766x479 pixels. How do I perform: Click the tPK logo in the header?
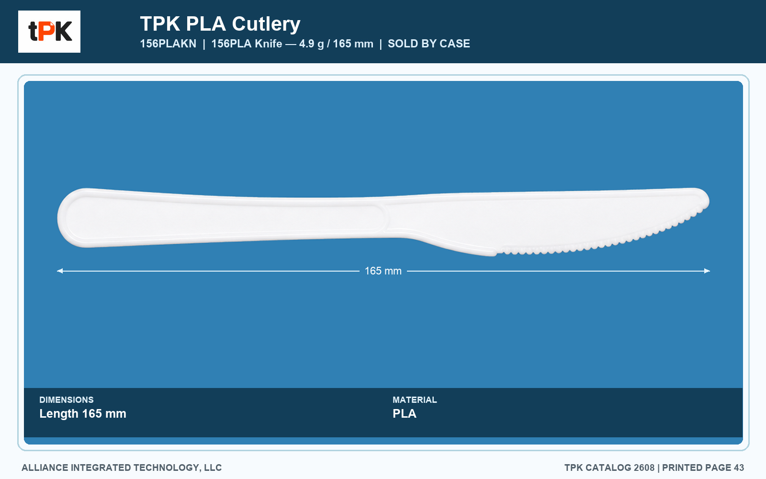tap(49, 32)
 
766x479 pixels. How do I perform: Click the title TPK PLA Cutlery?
tap(220, 24)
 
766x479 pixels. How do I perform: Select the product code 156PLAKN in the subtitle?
tap(168, 44)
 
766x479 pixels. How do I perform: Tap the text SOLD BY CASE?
tap(429, 44)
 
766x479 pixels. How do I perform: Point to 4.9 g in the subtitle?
tap(311, 44)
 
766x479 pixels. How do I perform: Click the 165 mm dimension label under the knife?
tap(383, 271)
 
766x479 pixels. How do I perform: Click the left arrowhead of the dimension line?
tap(60, 271)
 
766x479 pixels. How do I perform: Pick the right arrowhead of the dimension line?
tap(707, 271)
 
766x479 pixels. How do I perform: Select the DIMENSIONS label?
tap(67, 399)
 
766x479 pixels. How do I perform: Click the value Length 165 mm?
tap(83, 414)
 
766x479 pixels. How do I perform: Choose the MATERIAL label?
tap(415, 399)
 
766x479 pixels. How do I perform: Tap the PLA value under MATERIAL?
tap(405, 414)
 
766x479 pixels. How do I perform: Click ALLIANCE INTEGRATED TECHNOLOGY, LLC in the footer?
tap(122, 468)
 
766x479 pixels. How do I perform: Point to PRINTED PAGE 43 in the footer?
tap(703, 468)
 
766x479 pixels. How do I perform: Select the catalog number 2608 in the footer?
tap(644, 468)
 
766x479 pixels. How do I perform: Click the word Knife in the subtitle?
tap(269, 44)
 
